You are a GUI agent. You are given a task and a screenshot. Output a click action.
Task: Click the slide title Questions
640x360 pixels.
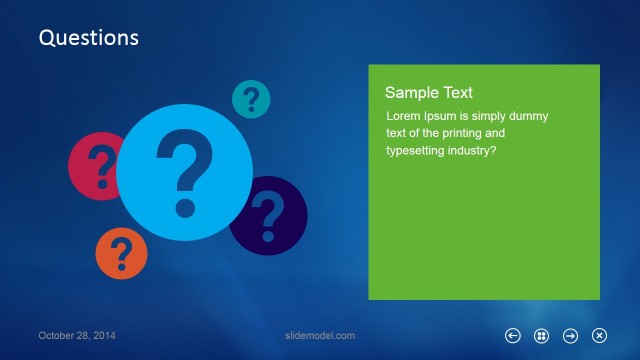[88, 38]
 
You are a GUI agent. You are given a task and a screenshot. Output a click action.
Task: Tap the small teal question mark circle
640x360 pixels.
[251, 99]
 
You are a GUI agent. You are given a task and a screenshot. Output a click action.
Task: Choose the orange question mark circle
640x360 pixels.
[121, 253]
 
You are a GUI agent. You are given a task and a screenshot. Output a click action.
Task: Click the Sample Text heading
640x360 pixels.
[429, 93]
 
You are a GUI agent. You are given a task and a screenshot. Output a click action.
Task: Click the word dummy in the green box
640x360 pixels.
[527, 116]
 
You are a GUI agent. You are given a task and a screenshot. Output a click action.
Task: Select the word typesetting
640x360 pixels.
[420, 151]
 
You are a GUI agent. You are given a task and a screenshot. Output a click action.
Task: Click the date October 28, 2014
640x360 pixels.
[77, 336]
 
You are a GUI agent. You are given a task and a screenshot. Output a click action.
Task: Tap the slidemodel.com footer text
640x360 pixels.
[320, 336]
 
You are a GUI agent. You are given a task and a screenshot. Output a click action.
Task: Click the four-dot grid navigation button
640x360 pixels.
[541, 336]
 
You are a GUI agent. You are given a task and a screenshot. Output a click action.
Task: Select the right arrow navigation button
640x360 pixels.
[570, 336]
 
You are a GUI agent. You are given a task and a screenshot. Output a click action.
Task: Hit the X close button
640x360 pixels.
[599, 336]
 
